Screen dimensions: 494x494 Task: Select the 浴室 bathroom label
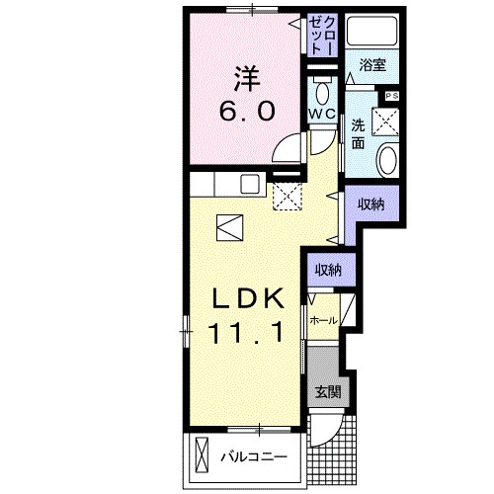coord(372,64)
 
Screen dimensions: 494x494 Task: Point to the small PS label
coord(391,95)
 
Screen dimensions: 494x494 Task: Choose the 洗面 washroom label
coord(358,134)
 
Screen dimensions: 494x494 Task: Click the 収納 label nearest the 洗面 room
coord(370,204)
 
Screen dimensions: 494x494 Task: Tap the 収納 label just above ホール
coord(328,269)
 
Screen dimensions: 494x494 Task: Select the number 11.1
coord(247,333)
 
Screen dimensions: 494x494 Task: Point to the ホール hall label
coord(323,321)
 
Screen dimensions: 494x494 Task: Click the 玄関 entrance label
coord(326,391)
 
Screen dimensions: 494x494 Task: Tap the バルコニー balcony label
coord(253,457)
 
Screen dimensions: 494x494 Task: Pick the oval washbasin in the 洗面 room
coord(387,161)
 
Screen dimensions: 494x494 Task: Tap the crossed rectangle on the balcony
coord(203,455)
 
